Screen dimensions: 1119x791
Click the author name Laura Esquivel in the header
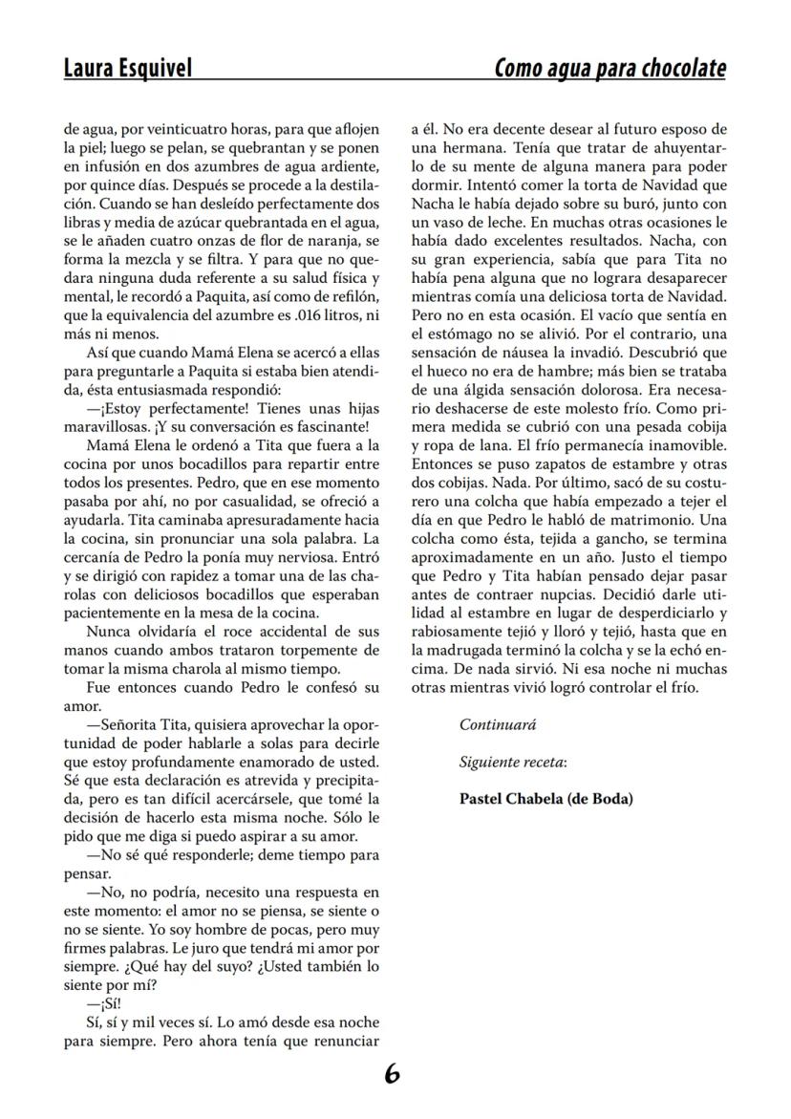[x=127, y=69]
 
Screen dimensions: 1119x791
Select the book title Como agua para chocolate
[x=610, y=69]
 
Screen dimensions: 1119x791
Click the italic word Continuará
[x=498, y=725]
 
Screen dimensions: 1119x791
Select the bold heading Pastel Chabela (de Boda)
[x=545, y=800]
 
